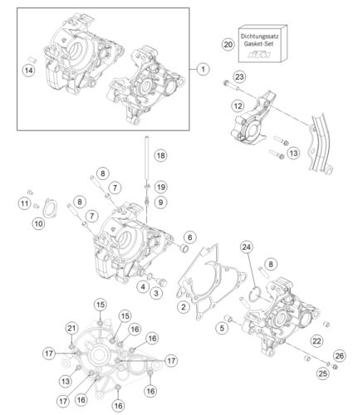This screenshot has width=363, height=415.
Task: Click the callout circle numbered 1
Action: point(204,69)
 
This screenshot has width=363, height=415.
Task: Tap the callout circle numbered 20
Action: point(228,45)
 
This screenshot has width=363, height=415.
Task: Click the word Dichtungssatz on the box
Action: point(259,37)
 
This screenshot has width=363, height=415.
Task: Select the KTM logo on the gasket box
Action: point(259,55)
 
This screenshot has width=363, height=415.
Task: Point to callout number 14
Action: point(29,71)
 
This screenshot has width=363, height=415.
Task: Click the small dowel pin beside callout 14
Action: point(32,60)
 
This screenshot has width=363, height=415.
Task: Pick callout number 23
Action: point(239,76)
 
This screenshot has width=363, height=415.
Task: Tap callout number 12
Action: point(238,106)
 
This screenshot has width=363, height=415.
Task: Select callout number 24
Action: point(247,247)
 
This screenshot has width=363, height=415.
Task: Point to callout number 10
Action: point(38,223)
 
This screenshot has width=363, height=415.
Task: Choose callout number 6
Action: point(190,237)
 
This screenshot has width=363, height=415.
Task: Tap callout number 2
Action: point(184,306)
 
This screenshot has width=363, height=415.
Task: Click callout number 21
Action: point(71,329)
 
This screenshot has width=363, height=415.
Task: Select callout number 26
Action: point(340,356)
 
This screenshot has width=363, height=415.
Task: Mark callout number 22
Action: point(316,341)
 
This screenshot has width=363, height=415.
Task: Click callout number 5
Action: point(222,328)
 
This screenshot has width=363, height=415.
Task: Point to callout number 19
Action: point(161,187)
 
